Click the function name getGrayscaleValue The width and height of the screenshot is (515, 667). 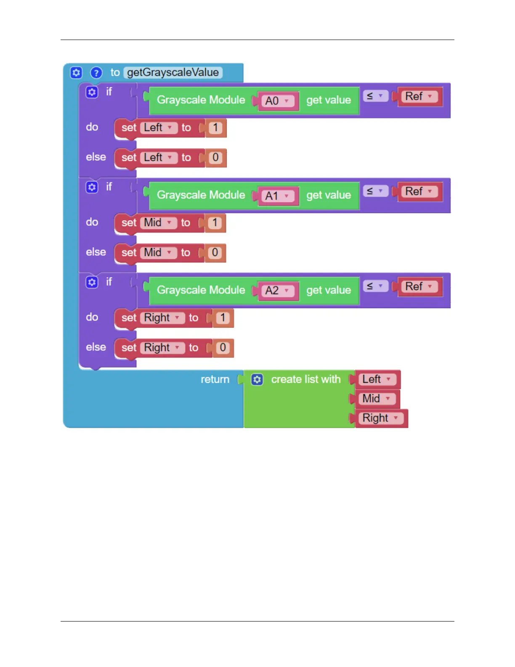[x=173, y=72]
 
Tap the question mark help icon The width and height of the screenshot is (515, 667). [x=96, y=73]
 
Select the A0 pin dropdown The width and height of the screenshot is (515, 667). [x=276, y=101]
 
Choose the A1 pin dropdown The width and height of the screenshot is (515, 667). [x=276, y=196]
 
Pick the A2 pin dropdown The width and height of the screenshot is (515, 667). [x=276, y=291]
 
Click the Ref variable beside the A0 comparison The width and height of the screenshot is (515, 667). [x=419, y=96]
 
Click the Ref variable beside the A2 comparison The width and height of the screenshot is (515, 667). [x=419, y=287]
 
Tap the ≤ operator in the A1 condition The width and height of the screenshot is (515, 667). [x=374, y=191]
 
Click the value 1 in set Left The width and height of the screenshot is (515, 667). [x=215, y=128]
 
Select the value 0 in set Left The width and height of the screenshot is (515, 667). [x=215, y=157]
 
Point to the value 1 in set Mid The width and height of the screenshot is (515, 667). [x=215, y=223]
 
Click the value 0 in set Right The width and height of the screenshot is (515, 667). [x=223, y=348]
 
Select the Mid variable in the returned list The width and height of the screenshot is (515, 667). [x=376, y=399]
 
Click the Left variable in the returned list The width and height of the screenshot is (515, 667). [x=376, y=379]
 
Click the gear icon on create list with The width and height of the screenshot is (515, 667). [x=257, y=379]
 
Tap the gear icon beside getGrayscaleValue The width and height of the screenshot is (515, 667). [x=76, y=73]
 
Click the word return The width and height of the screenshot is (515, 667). [x=215, y=379]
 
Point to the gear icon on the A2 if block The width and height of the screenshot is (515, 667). [x=92, y=282]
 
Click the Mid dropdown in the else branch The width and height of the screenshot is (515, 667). [x=158, y=253]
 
